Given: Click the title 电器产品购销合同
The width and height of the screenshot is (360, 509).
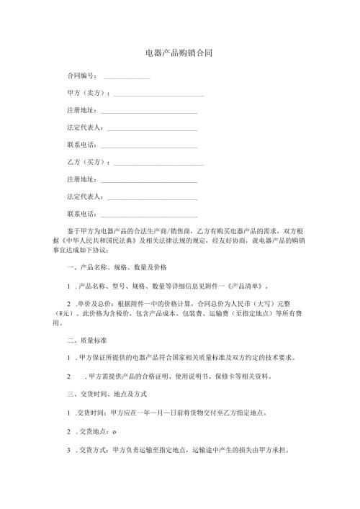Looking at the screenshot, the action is pos(178,53).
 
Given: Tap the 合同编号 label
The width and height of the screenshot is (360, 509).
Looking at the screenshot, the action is pos(81,75).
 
